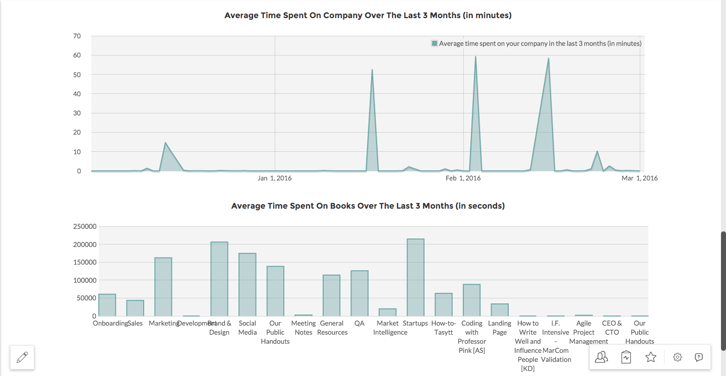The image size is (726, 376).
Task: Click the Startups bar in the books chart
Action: click(415, 277)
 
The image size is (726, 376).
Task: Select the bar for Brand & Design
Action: click(219, 279)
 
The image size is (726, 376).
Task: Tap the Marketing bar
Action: click(163, 287)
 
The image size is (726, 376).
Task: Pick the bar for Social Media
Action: click(248, 284)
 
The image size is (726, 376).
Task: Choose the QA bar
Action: click(359, 293)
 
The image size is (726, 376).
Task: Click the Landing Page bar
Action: click(500, 309)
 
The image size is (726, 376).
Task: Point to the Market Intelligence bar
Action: click(388, 312)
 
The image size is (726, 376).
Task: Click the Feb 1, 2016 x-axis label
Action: click(463, 178)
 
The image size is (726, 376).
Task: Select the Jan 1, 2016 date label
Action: click(275, 178)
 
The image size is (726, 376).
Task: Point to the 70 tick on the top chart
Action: click(77, 36)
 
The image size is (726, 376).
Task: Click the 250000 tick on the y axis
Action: click(85, 226)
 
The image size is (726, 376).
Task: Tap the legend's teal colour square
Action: click(435, 43)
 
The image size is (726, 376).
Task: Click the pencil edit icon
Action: click(22, 357)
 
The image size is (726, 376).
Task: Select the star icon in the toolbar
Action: click(651, 357)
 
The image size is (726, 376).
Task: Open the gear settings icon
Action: click(678, 357)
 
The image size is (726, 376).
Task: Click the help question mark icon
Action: click(699, 357)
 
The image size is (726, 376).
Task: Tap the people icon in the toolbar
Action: click(601, 357)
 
